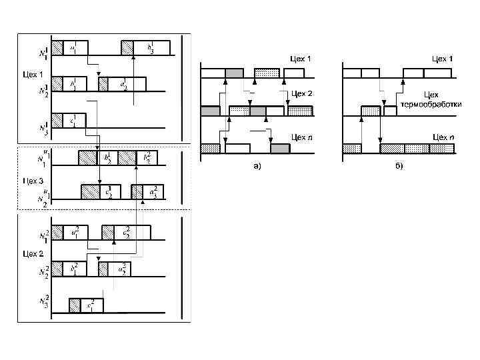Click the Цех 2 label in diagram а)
click(301, 94)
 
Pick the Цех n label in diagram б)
click(443, 137)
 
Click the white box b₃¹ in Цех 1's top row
click(152, 47)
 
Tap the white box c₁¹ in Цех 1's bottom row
click(75, 120)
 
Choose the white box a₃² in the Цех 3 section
click(153, 192)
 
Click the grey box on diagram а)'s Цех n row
click(280, 149)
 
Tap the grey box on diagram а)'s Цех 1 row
click(234, 73)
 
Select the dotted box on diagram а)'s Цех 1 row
click(267, 73)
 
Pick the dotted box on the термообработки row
click(370, 111)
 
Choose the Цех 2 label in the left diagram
click(32, 254)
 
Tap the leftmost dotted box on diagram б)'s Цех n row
click(351, 148)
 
